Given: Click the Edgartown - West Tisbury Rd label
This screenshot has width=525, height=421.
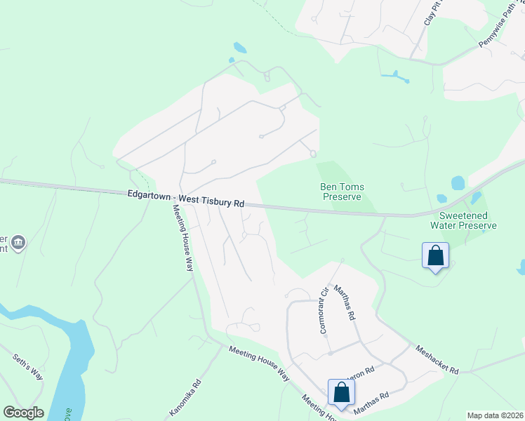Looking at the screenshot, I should coord(186,199).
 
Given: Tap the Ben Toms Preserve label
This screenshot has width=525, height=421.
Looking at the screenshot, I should coord(343,192).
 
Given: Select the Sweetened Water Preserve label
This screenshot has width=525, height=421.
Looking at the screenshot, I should coord(467,220).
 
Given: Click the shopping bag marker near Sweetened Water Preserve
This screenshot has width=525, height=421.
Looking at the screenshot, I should coord(435,256).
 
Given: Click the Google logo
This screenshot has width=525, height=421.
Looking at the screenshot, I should coord(23,413).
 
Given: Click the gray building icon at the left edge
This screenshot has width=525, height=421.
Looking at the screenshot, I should coord(18,243).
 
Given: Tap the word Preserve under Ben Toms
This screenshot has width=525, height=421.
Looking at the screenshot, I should coord(343,197).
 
